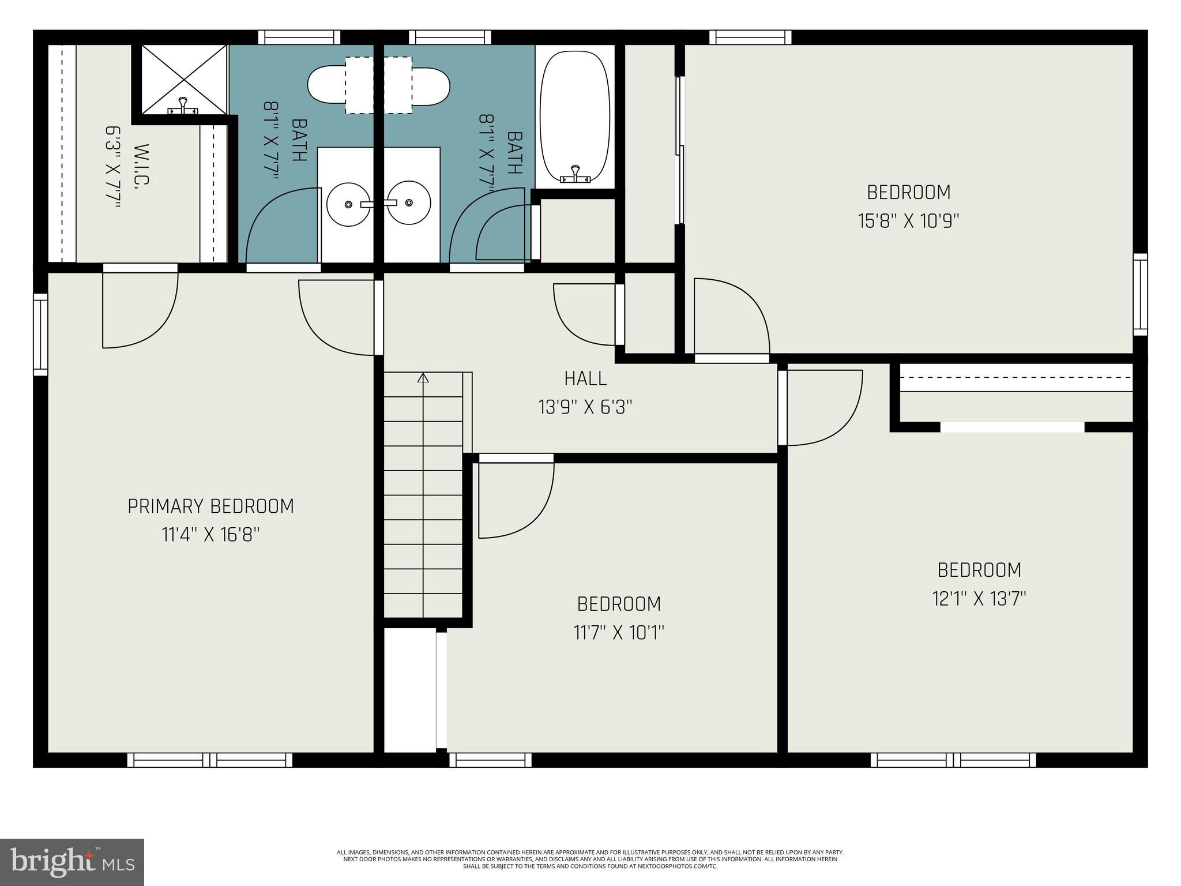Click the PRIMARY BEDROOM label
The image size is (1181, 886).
tap(210, 506)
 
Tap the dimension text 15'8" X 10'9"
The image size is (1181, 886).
tap(908, 221)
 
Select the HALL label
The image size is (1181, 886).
tap(585, 378)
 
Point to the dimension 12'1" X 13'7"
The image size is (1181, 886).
tap(979, 599)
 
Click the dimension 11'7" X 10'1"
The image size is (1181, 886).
tap(619, 633)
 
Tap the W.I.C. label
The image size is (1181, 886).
tap(142, 164)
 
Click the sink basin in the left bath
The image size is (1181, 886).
tap(348, 204)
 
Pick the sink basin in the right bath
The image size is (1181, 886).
tap(409, 203)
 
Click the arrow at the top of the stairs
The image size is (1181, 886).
tap(423, 378)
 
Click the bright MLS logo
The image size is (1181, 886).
tap(72, 862)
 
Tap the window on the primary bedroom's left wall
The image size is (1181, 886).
tap(40, 334)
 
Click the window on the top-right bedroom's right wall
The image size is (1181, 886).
tap(1140, 294)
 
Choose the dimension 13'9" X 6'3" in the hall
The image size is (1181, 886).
tap(585, 407)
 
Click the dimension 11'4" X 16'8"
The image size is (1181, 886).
tap(210, 535)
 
